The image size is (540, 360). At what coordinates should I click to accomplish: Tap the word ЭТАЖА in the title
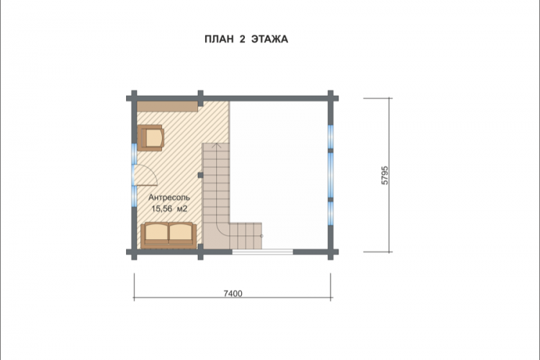[270, 40]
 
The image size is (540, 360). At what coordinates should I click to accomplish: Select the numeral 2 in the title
[242, 40]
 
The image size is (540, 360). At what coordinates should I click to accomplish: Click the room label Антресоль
[169, 198]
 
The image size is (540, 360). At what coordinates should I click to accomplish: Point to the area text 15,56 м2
[169, 209]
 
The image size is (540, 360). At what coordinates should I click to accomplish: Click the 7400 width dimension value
[233, 294]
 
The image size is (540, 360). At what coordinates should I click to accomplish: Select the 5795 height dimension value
[384, 176]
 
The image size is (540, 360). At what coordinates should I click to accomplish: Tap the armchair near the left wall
[150, 138]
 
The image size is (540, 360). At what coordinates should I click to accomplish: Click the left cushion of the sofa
[157, 233]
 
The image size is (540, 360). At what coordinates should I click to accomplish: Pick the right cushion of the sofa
[181, 233]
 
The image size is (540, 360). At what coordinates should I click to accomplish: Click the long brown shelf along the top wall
[167, 107]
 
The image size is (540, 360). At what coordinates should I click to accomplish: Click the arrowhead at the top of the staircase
[216, 145]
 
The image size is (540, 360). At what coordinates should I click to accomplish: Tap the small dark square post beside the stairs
[200, 176]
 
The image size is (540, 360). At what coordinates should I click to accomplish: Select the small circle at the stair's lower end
[261, 236]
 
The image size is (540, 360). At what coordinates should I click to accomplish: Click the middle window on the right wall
[330, 176]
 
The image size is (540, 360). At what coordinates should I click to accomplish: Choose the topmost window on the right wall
[330, 137]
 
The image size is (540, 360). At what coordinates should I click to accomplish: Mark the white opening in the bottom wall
[262, 252]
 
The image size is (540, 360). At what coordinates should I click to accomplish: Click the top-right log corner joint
[330, 98]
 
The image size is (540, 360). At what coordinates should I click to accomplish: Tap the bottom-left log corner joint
[134, 252]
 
